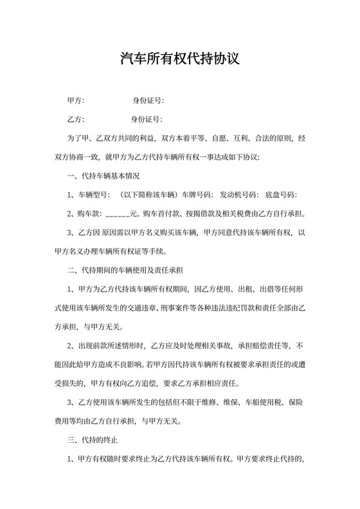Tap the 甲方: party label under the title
[x=76, y=101]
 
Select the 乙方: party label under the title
[x=76, y=120]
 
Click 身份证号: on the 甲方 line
[x=148, y=101]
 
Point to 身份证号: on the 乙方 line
[x=147, y=120]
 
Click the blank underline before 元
[x=116, y=214]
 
